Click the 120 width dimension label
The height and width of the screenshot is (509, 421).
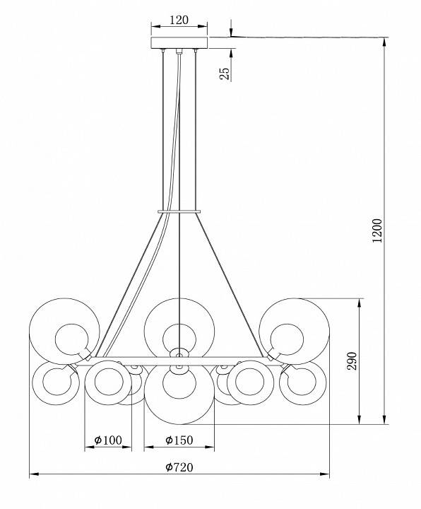179,21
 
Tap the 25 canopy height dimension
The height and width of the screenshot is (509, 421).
224,73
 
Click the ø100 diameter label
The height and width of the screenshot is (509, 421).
108,440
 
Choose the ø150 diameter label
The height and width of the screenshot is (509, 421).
179,440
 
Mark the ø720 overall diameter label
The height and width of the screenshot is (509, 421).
179,467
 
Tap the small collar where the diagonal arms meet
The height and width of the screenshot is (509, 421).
179,210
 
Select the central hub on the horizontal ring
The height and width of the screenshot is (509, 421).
179,353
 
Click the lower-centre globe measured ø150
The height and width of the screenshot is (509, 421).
179,390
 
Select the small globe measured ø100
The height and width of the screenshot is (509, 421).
107,382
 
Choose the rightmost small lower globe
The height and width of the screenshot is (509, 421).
302,382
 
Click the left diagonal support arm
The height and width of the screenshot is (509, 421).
131,283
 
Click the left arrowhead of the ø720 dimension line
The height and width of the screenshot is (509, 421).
32,474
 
